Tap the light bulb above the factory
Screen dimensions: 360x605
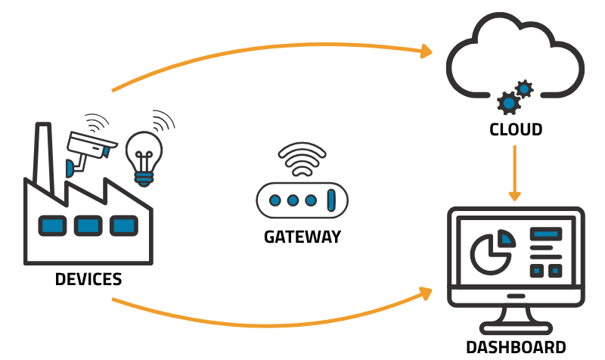tap(143, 154)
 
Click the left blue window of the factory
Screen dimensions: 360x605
tap(52, 225)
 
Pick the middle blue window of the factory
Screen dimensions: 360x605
tap(88, 225)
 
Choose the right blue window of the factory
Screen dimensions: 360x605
tap(123, 225)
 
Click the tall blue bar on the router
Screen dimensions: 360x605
tap(330, 200)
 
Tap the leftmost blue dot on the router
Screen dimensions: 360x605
tap(275, 200)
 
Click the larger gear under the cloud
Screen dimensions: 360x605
tap(509, 103)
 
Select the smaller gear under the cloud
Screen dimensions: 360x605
tap(523, 88)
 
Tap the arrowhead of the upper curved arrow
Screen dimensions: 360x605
tap(427, 51)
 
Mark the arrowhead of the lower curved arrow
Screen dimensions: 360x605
tap(427, 292)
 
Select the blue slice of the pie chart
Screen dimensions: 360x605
tap(507, 239)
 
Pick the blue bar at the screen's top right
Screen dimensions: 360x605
tap(545, 234)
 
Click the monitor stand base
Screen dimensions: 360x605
tap(516, 328)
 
